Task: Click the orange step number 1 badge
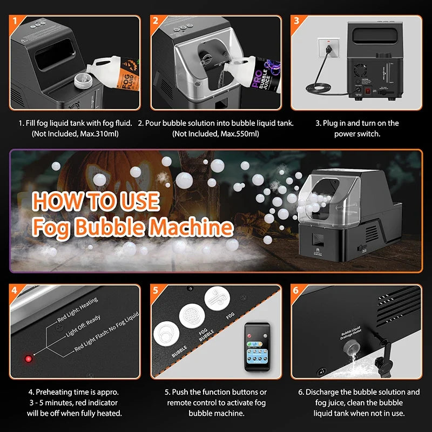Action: tap(16, 22)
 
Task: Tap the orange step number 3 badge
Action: tap(297, 22)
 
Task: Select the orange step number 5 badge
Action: tap(157, 290)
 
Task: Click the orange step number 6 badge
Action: tap(297, 290)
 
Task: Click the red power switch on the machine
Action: tap(368, 91)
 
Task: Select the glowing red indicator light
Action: tap(28, 359)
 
